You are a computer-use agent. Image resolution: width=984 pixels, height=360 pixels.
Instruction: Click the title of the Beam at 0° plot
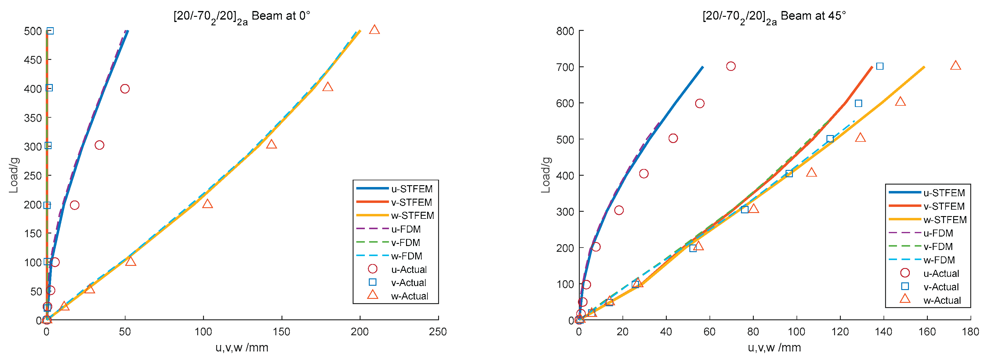(242, 17)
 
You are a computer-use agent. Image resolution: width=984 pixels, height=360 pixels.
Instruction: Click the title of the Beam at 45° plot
(774, 17)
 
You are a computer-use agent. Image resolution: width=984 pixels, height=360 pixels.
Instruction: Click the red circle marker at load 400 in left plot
(125, 89)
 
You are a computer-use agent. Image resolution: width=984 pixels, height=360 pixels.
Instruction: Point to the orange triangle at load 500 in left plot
(374, 30)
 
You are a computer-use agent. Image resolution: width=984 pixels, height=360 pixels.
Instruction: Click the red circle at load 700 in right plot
(731, 66)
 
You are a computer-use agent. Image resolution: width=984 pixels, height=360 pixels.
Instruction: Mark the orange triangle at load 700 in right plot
(955, 65)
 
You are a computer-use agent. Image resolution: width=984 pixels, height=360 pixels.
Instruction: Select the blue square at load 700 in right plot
(880, 66)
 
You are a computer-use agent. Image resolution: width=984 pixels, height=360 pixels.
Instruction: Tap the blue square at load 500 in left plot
(50, 31)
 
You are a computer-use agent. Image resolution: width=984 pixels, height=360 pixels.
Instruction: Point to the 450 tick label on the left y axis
(33, 60)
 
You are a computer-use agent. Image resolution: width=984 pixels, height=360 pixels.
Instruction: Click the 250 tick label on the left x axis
(438, 332)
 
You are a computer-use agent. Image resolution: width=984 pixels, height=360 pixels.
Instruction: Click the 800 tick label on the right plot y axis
(565, 31)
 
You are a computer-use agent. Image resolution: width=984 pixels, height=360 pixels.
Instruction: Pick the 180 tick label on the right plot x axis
(970, 332)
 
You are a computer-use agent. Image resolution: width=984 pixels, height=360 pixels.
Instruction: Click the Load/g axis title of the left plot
(13, 175)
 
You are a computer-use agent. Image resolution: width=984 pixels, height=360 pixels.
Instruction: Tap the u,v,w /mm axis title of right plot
(774, 348)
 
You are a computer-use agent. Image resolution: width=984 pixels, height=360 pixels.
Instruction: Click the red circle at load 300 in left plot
(99, 145)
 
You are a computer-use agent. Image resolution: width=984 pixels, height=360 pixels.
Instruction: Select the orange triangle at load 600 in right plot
(900, 101)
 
